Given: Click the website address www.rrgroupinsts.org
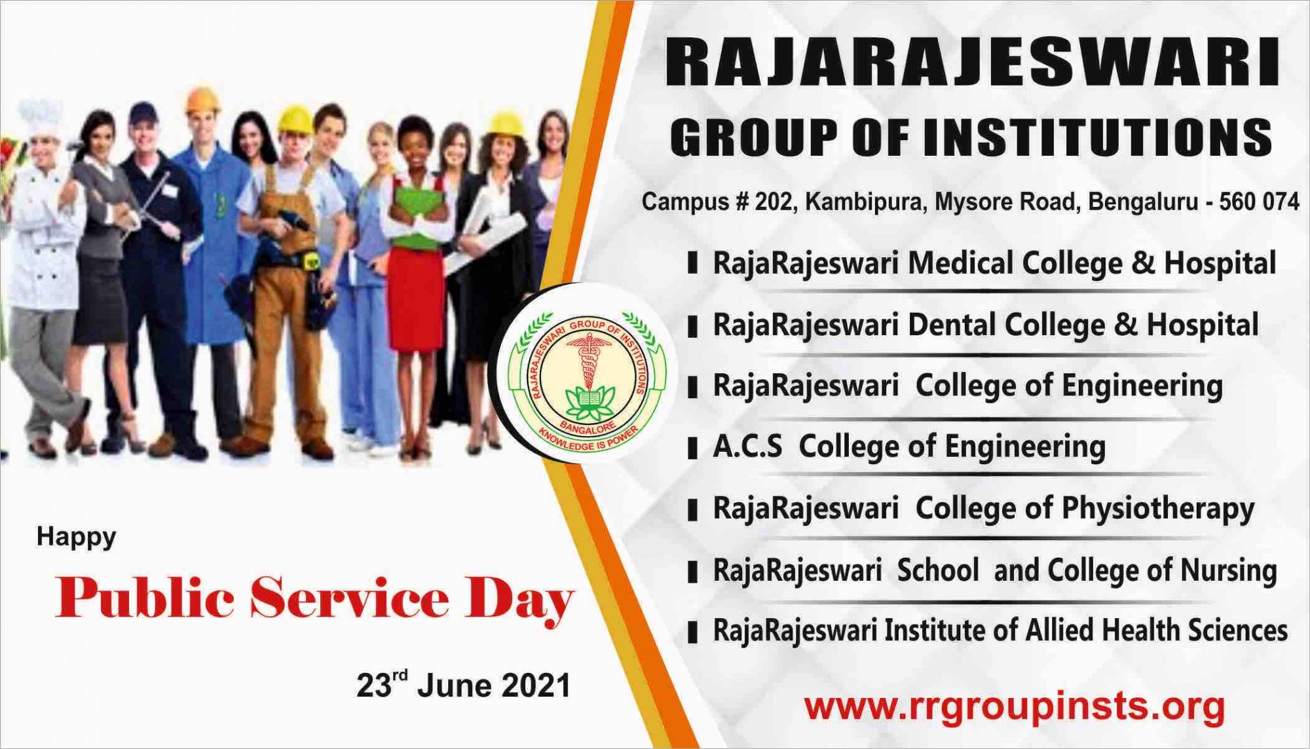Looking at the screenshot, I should click(x=1015, y=707).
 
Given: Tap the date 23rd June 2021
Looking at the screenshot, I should click(x=464, y=685).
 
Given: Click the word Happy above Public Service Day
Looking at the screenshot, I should click(x=77, y=538).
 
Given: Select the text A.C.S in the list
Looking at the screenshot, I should click(x=747, y=447).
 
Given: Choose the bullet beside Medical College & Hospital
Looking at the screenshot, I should click(x=692, y=265).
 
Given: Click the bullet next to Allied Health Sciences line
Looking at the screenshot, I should click(x=692, y=633).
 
